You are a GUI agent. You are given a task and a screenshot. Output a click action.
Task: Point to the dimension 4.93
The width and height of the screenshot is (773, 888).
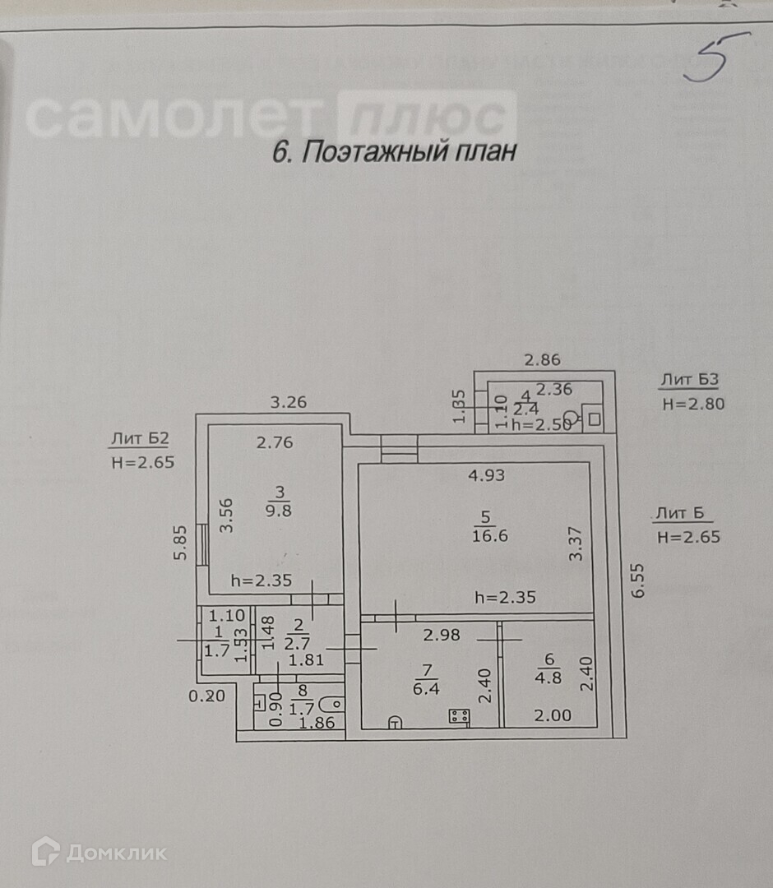pos(486,474)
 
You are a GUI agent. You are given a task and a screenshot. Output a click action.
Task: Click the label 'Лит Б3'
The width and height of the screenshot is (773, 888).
pos(689,380)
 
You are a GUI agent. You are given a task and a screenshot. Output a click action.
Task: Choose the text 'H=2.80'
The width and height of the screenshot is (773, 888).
pos(692,404)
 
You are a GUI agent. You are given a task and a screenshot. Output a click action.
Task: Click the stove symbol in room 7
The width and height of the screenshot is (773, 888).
pos(459,717)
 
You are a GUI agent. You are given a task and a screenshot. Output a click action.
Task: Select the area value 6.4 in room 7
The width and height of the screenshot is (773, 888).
pos(426,689)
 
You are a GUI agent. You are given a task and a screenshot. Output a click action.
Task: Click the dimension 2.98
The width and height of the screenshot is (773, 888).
pos(441,634)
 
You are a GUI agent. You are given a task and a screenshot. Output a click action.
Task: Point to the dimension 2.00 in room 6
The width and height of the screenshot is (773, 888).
pos(553,715)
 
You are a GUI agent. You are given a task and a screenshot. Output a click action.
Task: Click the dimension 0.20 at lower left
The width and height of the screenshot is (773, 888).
pos(206,696)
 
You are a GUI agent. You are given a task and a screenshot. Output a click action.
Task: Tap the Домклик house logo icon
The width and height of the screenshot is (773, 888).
pos(45,851)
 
